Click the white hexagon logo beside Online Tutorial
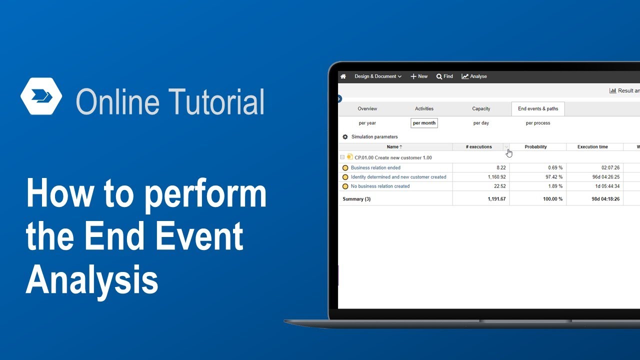(x=41, y=96)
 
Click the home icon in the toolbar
(x=343, y=76)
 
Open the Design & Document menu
(x=378, y=76)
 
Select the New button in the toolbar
(x=419, y=76)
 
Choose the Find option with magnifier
(x=444, y=76)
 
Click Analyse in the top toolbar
(x=474, y=76)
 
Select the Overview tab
(x=367, y=108)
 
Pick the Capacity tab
(x=481, y=108)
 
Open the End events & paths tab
(x=538, y=108)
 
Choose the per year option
(x=367, y=123)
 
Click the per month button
(x=424, y=123)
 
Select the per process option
(x=538, y=123)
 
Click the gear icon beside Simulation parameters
(x=345, y=137)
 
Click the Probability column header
(x=535, y=147)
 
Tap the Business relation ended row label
(x=375, y=168)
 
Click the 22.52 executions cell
(x=497, y=186)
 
